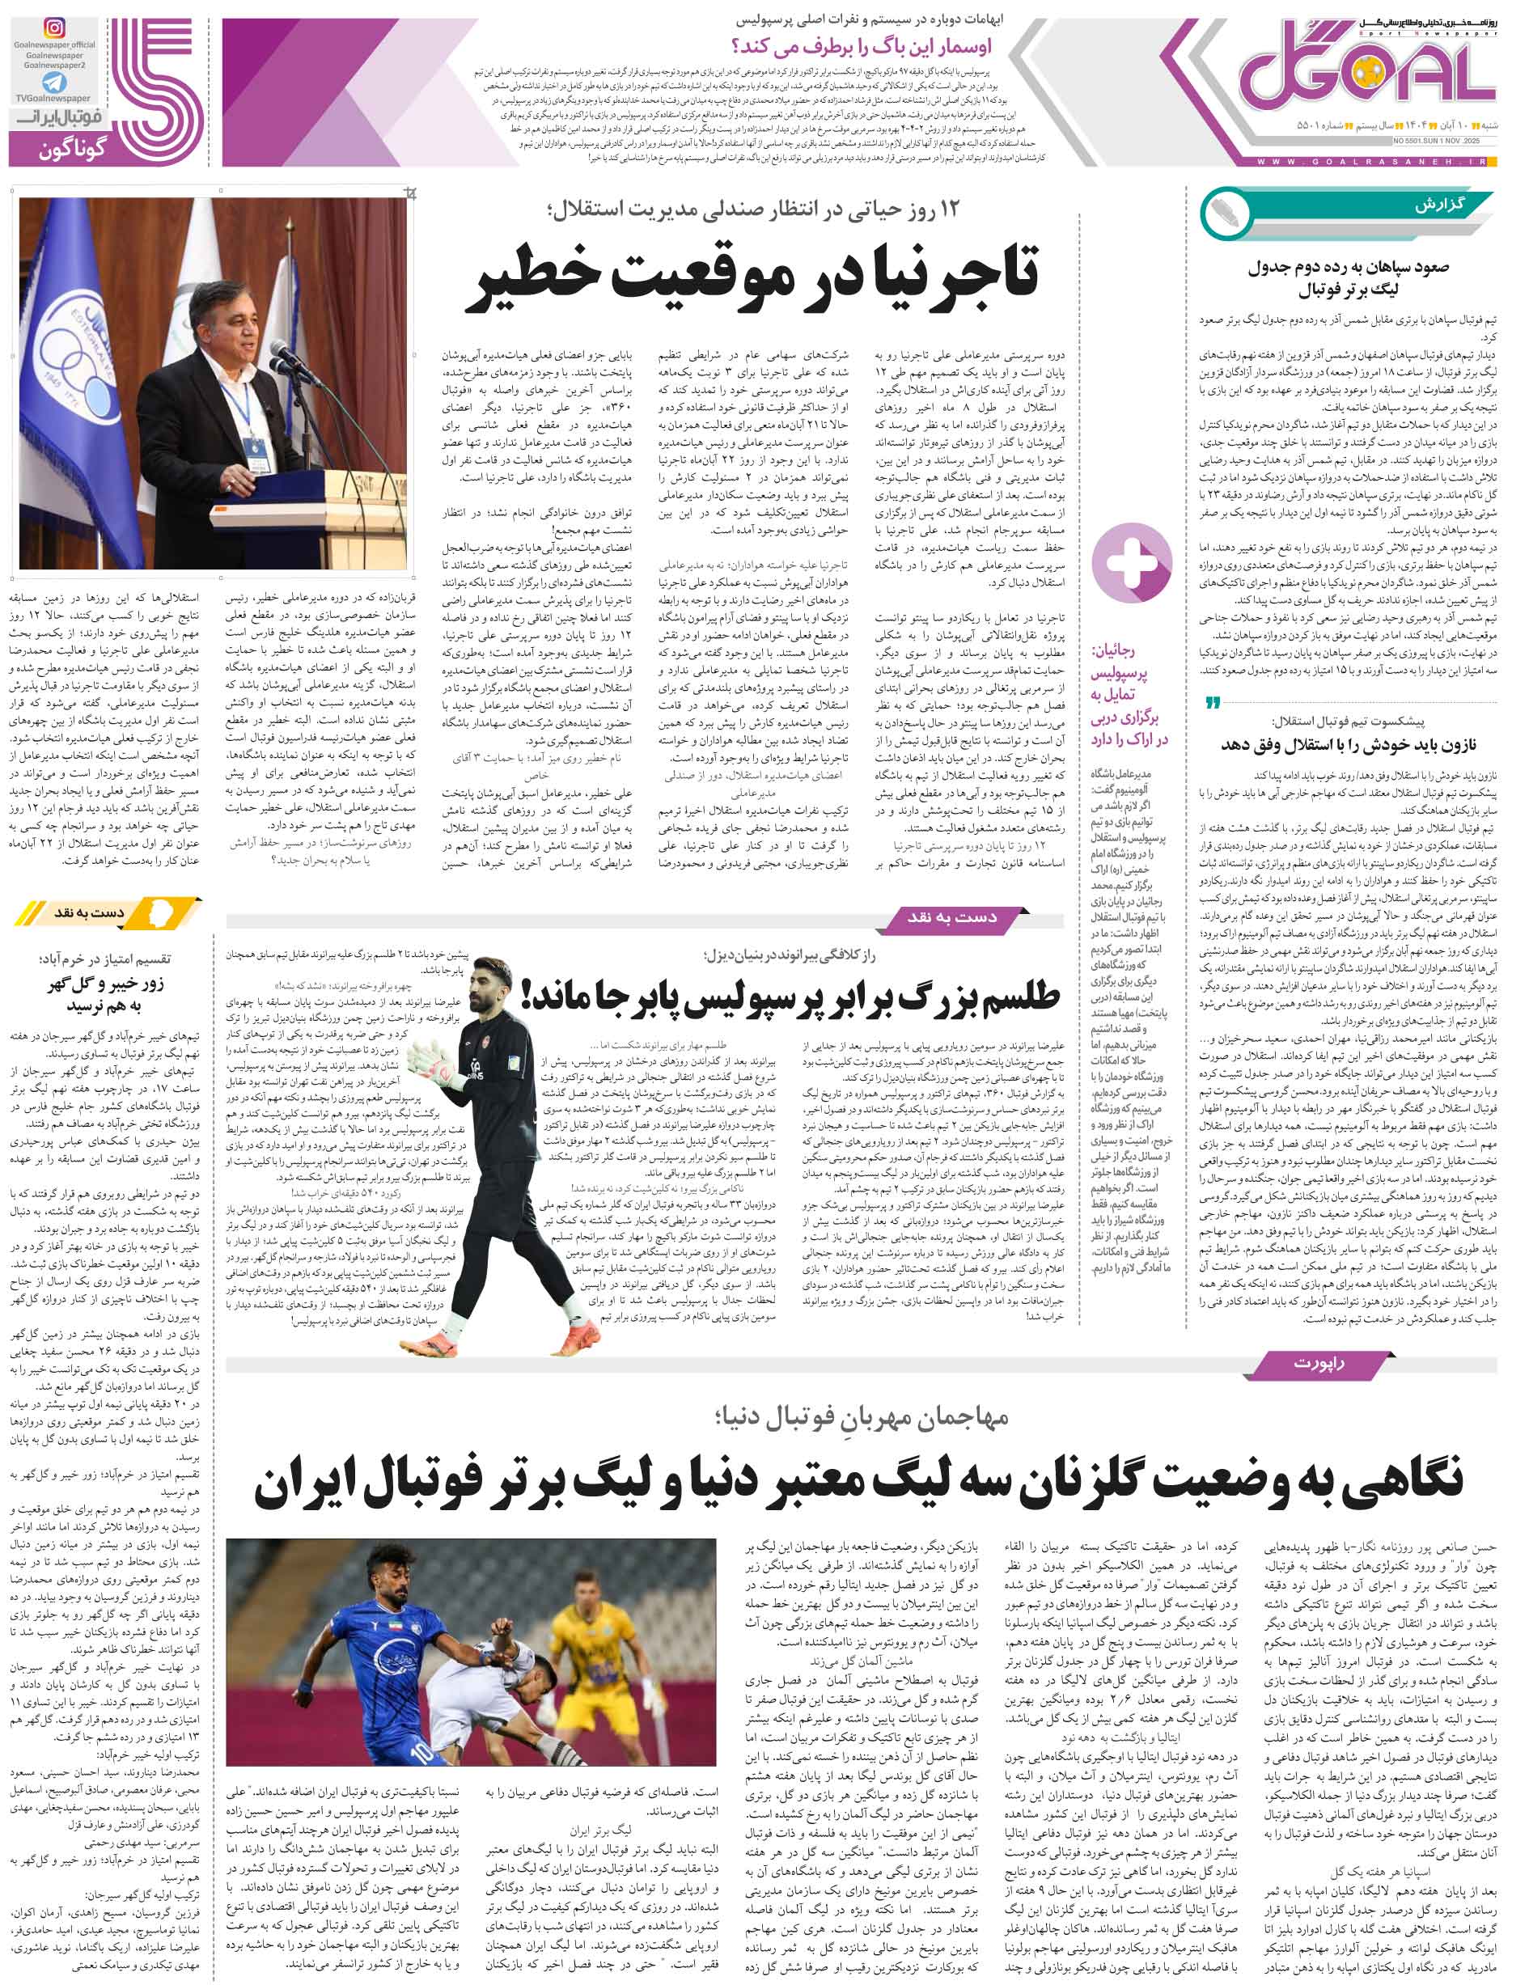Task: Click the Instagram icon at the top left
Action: point(54,28)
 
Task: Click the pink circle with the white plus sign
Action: point(1131,564)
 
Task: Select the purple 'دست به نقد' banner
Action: point(949,918)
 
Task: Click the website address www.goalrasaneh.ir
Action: point(1372,161)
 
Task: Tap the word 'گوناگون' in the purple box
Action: point(73,148)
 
